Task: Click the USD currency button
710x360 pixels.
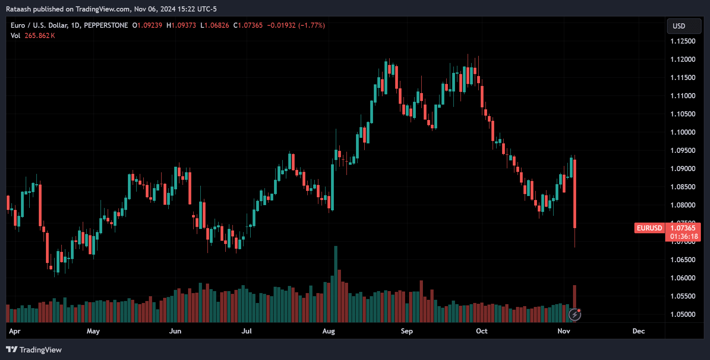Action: click(x=683, y=26)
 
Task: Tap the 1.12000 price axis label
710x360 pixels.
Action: click(x=683, y=59)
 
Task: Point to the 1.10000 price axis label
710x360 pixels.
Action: click(x=683, y=132)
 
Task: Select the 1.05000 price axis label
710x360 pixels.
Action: click(x=683, y=314)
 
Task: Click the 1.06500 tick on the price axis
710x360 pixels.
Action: click(x=683, y=260)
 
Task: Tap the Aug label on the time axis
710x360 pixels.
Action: click(x=328, y=331)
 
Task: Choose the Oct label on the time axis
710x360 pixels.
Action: click(x=482, y=331)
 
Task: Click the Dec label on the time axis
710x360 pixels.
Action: click(x=638, y=331)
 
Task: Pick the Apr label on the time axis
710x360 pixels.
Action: click(x=15, y=331)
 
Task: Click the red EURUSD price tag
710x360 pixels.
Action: click(x=649, y=228)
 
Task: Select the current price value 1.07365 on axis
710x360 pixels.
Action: click(x=683, y=228)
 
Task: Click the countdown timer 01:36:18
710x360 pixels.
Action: click(x=684, y=236)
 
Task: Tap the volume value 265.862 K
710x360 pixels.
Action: click(x=40, y=36)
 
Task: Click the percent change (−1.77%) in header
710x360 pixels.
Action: click(x=312, y=25)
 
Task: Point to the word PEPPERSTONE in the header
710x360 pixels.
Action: click(x=106, y=25)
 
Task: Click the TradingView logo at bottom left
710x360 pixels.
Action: click(x=34, y=350)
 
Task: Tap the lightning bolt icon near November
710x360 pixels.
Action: click(x=575, y=315)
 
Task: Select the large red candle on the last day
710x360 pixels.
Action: click(x=575, y=194)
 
